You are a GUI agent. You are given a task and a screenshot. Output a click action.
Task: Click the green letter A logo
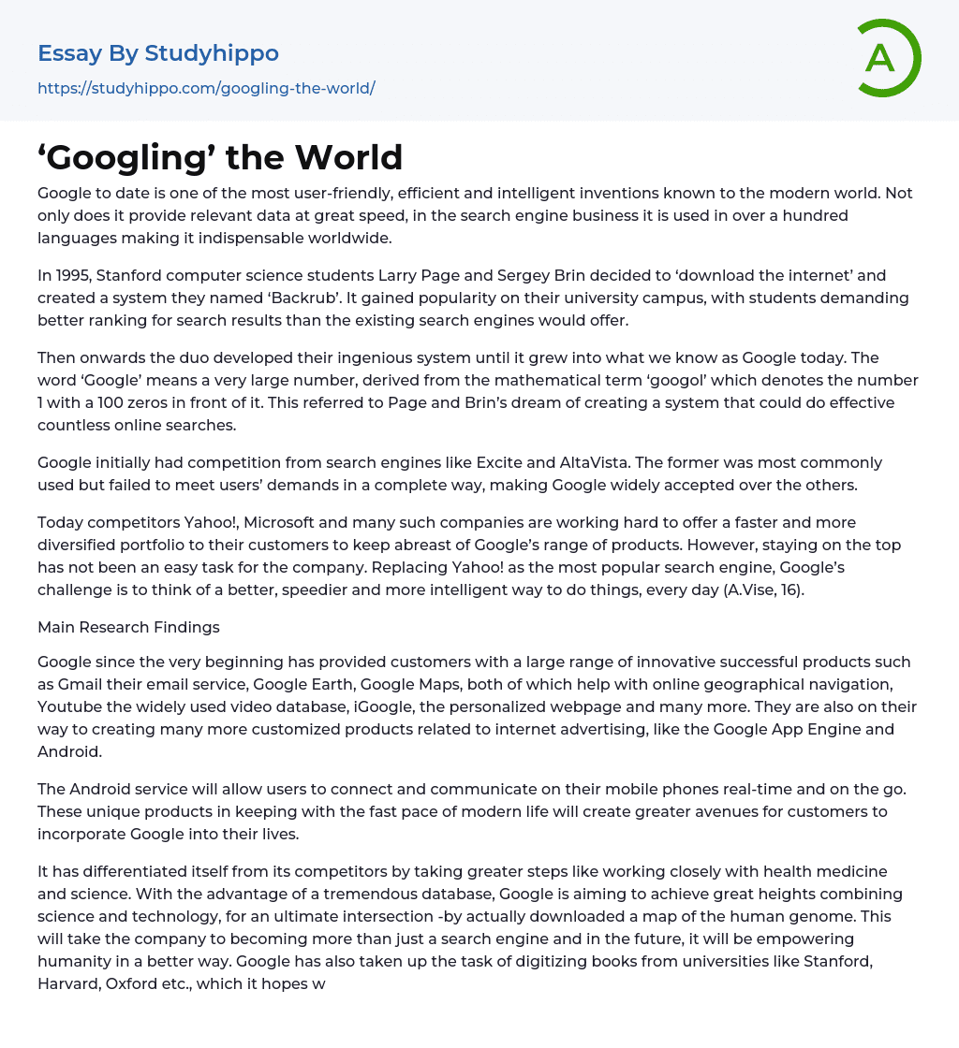click(x=881, y=58)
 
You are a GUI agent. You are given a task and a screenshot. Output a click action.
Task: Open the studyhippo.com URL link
click(x=206, y=88)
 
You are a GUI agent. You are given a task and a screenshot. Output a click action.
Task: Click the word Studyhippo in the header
click(x=212, y=53)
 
